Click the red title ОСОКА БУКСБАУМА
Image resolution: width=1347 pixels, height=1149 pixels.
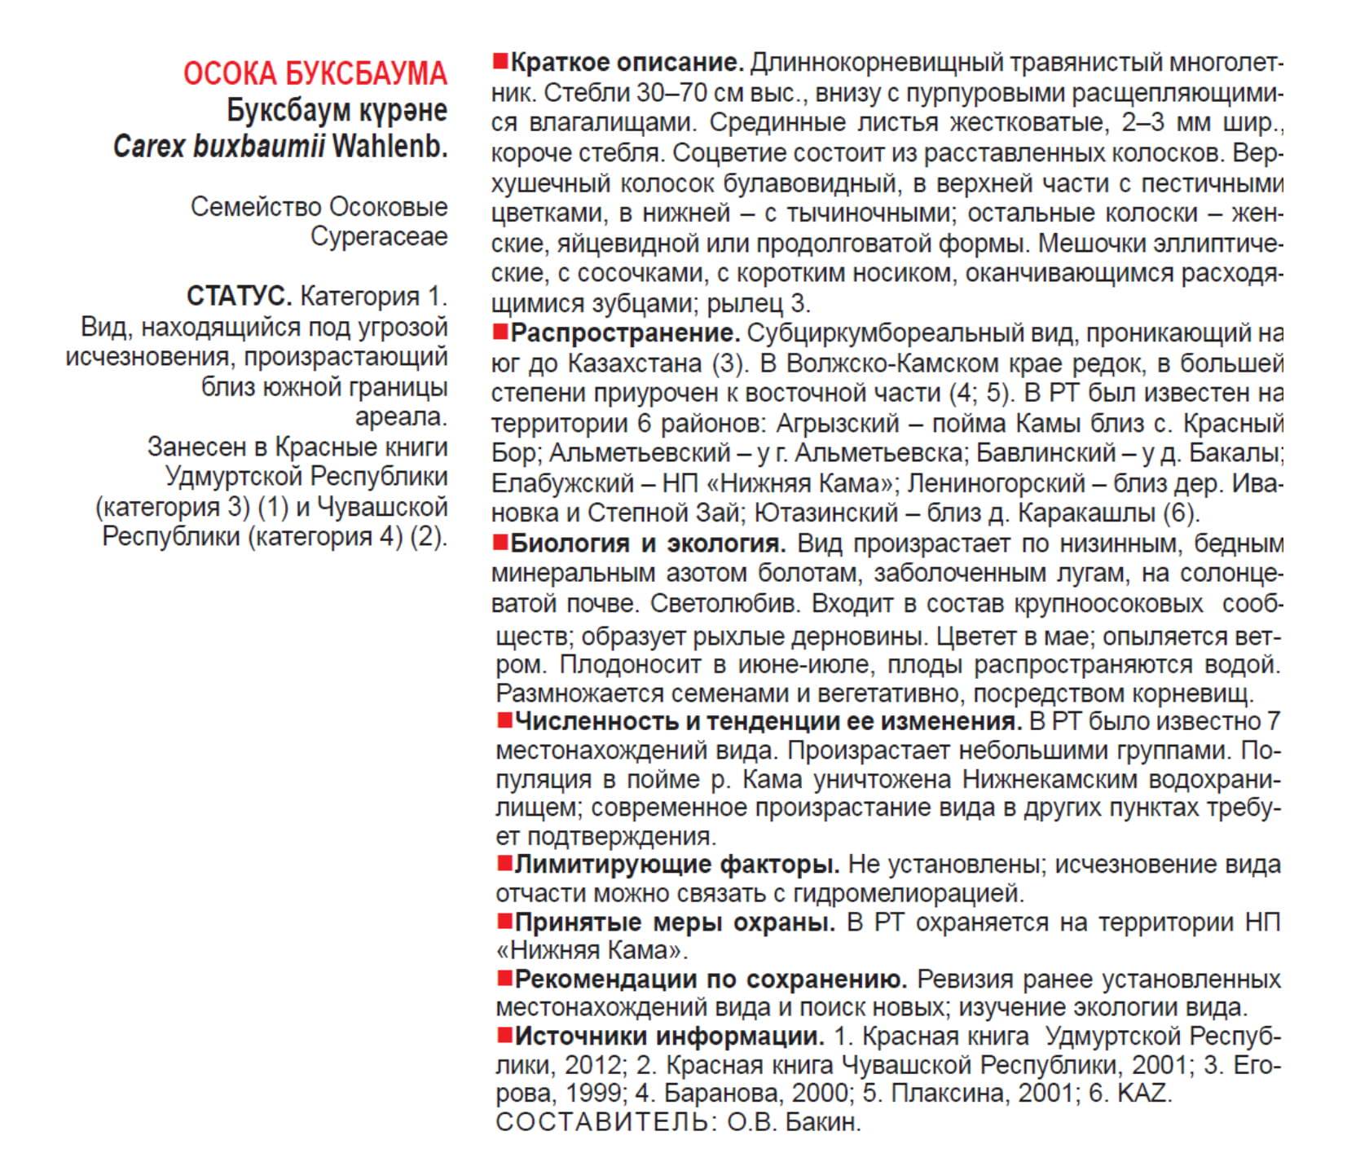(315, 74)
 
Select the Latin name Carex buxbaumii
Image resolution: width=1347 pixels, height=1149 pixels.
(219, 146)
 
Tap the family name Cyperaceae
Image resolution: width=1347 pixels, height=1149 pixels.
(379, 236)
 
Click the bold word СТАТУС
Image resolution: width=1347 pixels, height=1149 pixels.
(239, 296)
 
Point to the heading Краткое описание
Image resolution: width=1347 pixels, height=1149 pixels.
(627, 62)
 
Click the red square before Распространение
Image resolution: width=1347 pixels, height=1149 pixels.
(500, 332)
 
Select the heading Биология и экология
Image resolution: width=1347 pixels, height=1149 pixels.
(648, 543)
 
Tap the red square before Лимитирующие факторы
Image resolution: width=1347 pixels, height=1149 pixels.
(504, 862)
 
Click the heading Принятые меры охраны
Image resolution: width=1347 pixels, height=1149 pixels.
(675, 922)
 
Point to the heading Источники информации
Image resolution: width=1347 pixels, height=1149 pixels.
(669, 1036)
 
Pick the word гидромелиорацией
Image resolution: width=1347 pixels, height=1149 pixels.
(907, 892)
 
